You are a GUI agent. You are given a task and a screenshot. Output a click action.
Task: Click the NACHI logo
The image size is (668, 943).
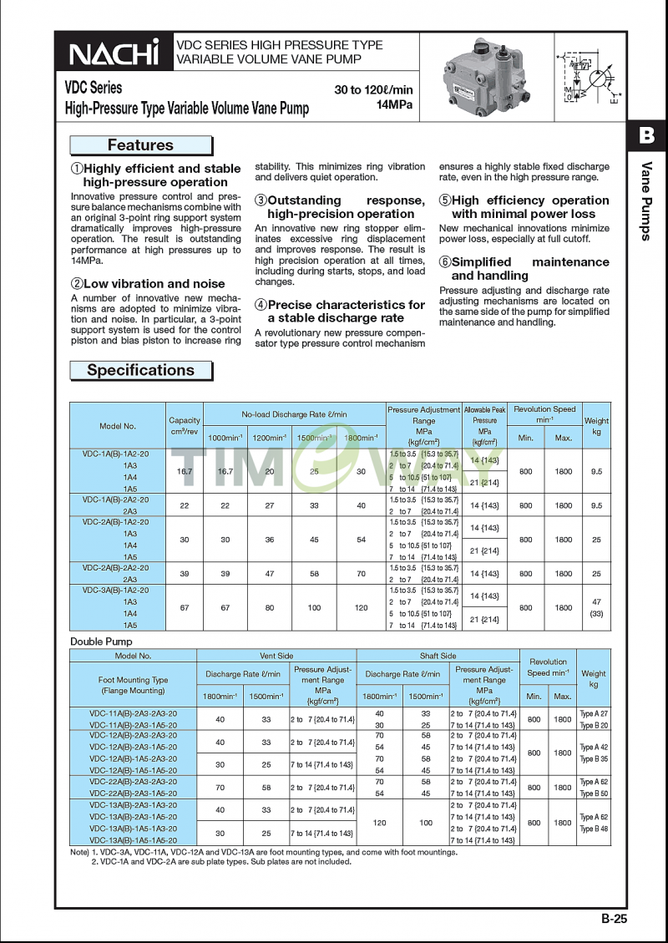[114, 53]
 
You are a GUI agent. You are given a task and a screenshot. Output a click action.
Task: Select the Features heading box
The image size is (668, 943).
[141, 145]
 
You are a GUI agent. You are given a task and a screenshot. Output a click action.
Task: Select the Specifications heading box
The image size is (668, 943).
[141, 370]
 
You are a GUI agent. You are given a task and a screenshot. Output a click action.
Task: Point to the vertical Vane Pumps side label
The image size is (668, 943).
[646, 200]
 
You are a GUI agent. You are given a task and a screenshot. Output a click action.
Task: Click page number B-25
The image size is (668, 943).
[613, 919]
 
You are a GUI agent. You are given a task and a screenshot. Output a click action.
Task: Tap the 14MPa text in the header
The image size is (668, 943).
[394, 104]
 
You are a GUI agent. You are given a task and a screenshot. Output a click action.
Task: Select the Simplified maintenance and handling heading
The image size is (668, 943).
[524, 268]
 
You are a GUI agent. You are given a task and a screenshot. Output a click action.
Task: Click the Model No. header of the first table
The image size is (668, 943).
[118, 426]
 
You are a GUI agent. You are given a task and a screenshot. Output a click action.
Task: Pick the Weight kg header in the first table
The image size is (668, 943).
[596, 426]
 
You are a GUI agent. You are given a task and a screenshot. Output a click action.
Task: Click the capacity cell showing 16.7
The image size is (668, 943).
[185, 471]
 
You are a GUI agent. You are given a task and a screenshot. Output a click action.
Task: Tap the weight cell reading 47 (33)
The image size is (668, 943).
[596, 607]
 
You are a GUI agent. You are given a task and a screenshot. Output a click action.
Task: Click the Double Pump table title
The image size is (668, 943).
[101, 641]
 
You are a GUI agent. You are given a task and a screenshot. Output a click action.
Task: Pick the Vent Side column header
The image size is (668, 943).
[276, 656]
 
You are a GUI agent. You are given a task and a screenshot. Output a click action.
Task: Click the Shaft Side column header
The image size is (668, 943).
[438, 656]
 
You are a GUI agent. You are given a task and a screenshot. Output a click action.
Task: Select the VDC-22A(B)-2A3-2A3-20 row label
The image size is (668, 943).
[133, 781]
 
